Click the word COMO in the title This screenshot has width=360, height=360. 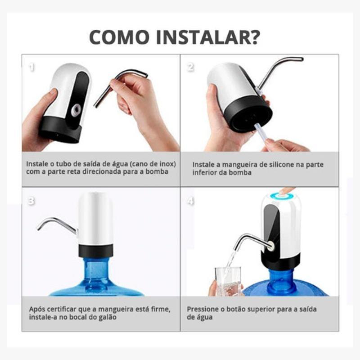119,37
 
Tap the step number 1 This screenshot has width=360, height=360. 31,67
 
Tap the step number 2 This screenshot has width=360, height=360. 190,67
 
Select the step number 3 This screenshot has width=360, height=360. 31,201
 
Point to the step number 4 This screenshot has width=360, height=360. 190,201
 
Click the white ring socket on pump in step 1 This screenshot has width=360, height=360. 76,109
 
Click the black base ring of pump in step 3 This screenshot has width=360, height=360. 96,251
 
